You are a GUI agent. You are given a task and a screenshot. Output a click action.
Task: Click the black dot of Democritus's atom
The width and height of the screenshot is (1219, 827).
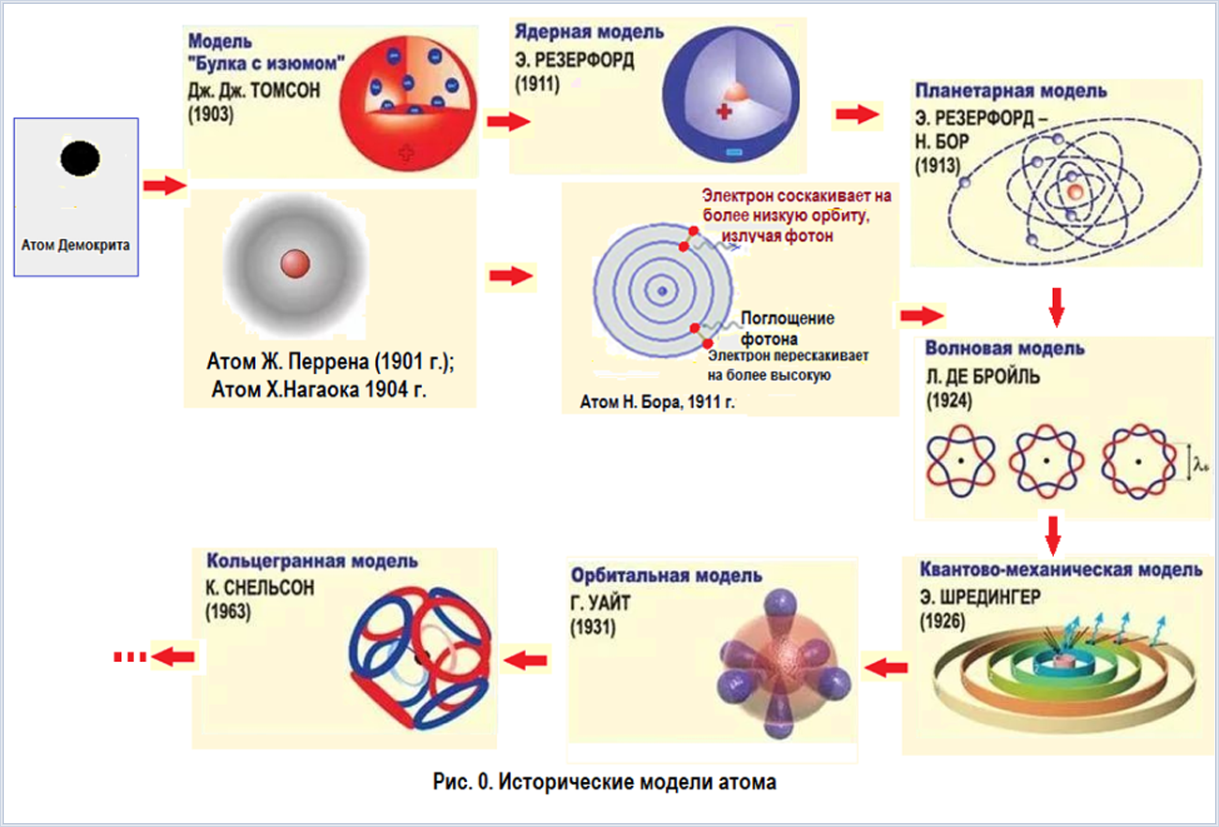pos(80,158)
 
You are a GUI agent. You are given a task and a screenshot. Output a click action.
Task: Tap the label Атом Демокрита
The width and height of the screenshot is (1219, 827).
pos(76,246)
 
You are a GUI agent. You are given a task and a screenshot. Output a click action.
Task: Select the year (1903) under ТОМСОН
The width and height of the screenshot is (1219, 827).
pos(211,114)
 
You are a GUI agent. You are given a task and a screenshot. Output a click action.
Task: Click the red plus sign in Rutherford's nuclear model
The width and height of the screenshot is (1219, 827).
pos(724,113)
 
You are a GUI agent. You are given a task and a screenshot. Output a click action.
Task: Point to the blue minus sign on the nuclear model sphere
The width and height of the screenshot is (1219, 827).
pos(733,152)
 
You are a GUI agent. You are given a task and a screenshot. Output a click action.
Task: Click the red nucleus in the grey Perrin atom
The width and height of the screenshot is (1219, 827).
pos(295,263)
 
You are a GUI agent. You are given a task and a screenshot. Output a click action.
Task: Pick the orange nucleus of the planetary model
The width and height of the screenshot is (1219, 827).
pos(1075,191)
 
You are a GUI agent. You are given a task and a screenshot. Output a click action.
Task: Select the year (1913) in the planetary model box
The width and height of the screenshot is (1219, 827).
pos(938,166)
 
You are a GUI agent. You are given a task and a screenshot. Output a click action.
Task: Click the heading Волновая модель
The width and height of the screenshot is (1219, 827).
pos(1004,348)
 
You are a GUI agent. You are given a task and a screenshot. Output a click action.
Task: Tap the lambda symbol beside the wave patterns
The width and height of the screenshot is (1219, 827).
pos(1200,465)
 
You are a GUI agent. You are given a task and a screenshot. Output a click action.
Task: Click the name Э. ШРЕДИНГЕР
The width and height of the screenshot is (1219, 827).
pos(980,597)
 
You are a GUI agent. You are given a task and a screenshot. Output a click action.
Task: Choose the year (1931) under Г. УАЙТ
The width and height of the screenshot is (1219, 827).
pos(594,627)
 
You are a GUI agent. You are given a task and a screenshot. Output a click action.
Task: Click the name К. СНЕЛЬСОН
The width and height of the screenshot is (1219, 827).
pos(260,588)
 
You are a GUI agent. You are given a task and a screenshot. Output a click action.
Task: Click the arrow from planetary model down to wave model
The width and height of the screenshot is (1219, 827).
pos(1056,308)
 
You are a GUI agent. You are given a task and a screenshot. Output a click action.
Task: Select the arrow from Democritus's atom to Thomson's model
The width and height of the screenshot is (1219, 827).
pos(165,185)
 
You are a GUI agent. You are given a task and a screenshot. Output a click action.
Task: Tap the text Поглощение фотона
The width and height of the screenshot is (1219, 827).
pos(788,328)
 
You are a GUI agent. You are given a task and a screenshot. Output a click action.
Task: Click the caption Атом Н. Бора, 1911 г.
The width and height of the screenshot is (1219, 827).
pos(657,402)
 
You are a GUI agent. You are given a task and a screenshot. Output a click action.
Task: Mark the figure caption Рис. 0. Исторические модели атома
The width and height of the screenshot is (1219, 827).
pos(605,782)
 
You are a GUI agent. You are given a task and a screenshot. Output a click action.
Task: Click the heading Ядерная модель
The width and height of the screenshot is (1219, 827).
pos(590,32)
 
